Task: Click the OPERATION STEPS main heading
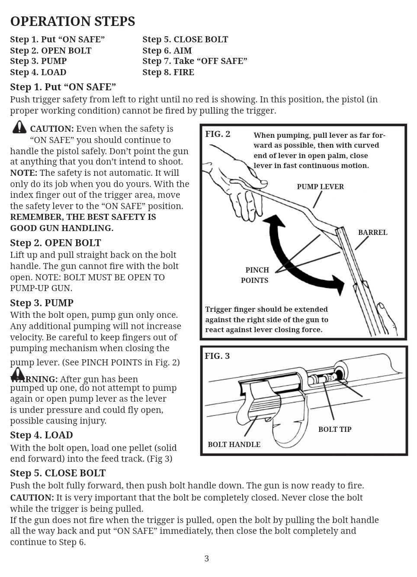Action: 72,21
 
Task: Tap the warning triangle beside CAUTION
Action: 19,127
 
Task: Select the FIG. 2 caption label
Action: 218,134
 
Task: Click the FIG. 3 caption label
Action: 217,356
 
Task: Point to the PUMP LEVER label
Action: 320,187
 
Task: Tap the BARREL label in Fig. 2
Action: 372,232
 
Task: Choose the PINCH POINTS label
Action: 256,275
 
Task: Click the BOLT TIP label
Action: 335,429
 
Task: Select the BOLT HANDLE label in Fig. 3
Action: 234,444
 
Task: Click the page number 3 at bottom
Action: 207,558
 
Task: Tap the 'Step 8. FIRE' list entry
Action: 168,72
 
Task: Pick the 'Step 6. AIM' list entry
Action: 167,51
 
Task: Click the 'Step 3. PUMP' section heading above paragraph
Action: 42,303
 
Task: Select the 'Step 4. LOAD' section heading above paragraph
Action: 42,435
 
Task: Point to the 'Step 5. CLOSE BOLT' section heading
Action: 58,473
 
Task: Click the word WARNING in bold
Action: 34,379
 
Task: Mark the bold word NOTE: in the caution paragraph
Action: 24,173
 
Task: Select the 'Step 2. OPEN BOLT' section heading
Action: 55,243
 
